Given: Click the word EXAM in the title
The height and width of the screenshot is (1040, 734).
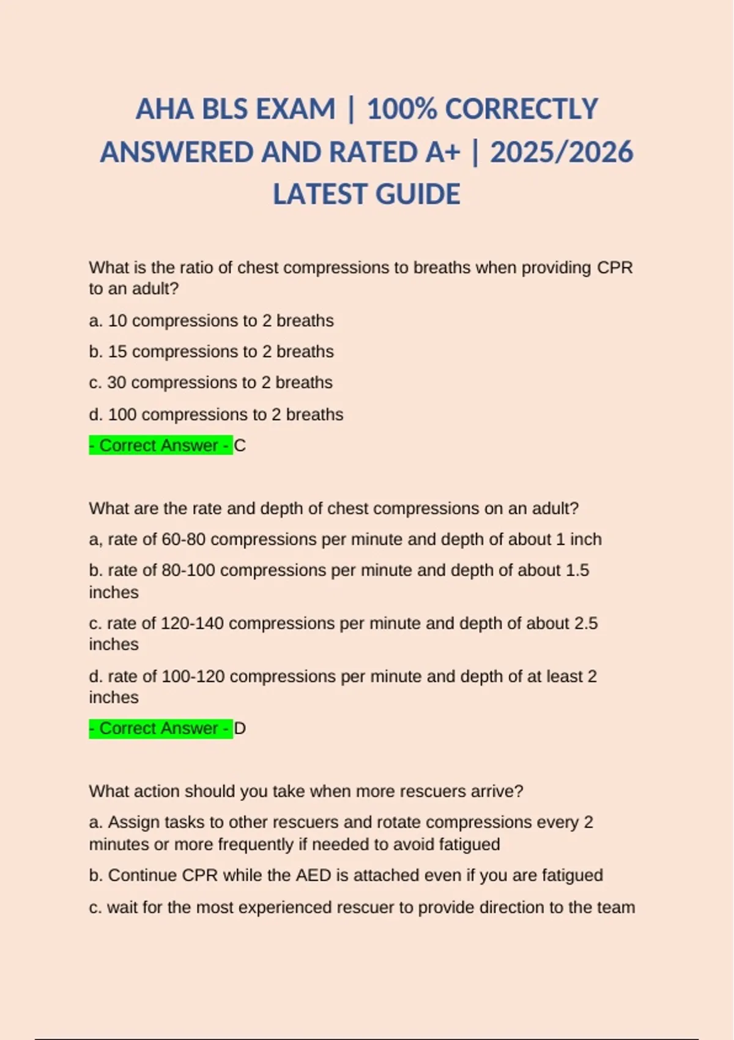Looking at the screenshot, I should [x=295, y=110].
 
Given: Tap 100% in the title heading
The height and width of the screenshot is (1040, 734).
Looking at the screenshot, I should [x=401, y=110].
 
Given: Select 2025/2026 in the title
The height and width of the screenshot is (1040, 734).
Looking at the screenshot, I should [x=562, y=152].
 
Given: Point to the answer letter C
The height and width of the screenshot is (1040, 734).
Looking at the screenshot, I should [x=240, y=445].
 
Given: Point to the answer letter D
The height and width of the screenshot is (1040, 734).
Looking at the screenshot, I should [x=240, y=729].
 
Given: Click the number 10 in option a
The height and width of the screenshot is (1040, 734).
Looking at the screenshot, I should [x=117, y=321].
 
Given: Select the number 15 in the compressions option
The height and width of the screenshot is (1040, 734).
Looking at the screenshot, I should [x=117, y=352].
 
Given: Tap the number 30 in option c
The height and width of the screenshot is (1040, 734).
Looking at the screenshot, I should [x=117, y=382].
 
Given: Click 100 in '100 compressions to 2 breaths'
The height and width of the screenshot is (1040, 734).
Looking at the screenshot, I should [x=122, y=414].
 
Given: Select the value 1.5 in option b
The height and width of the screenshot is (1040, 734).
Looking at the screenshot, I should [x=577, y=570].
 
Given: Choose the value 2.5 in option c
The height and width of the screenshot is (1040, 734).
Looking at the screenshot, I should [x=586, y=623].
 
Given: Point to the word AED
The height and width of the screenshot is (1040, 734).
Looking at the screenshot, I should [x=313, y=875].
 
